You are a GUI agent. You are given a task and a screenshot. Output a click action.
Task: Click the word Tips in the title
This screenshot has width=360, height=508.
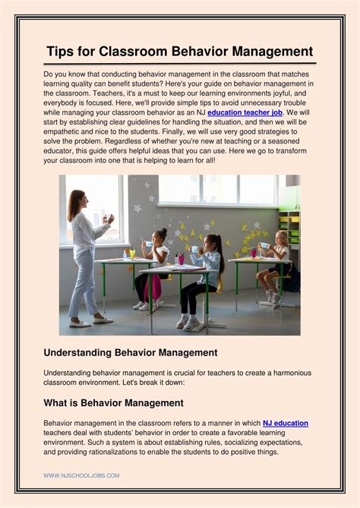(x=61, y=52)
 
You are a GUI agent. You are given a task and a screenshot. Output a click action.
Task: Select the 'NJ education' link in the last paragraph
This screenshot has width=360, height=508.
(x=285, y=423)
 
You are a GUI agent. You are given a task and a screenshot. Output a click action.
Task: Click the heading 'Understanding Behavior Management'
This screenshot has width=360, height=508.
(x=131, y=352)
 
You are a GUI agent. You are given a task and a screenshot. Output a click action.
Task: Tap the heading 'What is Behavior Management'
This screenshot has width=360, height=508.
(x=113, y=402)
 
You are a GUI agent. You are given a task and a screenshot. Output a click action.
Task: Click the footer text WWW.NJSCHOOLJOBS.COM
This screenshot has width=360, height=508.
(x=81, y=475)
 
